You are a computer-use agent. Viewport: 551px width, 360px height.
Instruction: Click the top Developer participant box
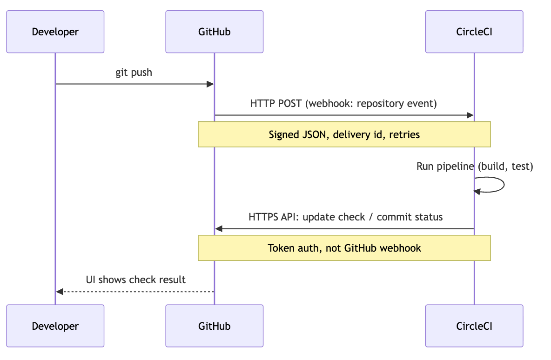coord(55,32)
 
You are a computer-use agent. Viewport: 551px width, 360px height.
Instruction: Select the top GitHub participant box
coord(214,32)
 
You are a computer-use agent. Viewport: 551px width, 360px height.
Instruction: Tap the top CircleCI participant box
coord(474,32)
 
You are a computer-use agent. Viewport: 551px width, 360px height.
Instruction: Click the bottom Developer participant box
coord(55,326)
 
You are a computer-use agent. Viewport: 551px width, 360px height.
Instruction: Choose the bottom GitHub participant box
coord(214,326)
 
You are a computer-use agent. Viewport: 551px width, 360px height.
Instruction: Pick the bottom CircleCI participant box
coord(474,326)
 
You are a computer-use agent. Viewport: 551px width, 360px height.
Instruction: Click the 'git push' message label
coord(134,73)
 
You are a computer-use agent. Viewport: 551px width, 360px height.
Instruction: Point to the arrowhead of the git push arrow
coord(210,84)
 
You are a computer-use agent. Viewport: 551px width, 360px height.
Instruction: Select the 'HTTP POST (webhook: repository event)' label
coord(343,103)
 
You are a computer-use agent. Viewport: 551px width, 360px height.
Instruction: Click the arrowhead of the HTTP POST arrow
coord(470,115)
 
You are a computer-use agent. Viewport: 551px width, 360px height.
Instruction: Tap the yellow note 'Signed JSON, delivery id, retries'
coord(344,134)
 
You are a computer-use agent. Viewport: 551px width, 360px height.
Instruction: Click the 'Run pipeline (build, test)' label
coord(475,167)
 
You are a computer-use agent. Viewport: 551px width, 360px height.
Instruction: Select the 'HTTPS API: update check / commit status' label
coord(345,217)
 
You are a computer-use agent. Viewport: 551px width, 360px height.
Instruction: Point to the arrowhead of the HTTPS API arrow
coord(219,229)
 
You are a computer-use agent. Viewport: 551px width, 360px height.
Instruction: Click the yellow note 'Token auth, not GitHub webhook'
coord(344,248)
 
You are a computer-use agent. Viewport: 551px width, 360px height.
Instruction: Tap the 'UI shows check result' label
coord(135,280)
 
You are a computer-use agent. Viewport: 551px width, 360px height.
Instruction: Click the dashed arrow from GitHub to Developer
coord(135,292)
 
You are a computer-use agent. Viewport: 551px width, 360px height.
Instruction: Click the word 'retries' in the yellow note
coord(404,135)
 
